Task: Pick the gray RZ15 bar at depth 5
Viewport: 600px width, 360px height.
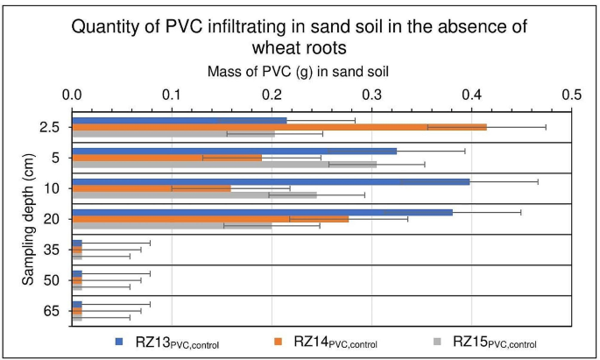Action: click(224, 165)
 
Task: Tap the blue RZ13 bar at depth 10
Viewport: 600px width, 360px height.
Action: click(271, 181)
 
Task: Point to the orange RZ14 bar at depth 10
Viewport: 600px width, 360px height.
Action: click(152, 188)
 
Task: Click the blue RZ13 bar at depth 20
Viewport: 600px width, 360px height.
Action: click(262, 212)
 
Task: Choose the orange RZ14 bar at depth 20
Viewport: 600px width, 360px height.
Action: click(210, 219)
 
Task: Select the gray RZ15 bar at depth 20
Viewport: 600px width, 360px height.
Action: click(172, 226)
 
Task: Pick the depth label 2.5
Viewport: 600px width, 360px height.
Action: click(51, 127)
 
